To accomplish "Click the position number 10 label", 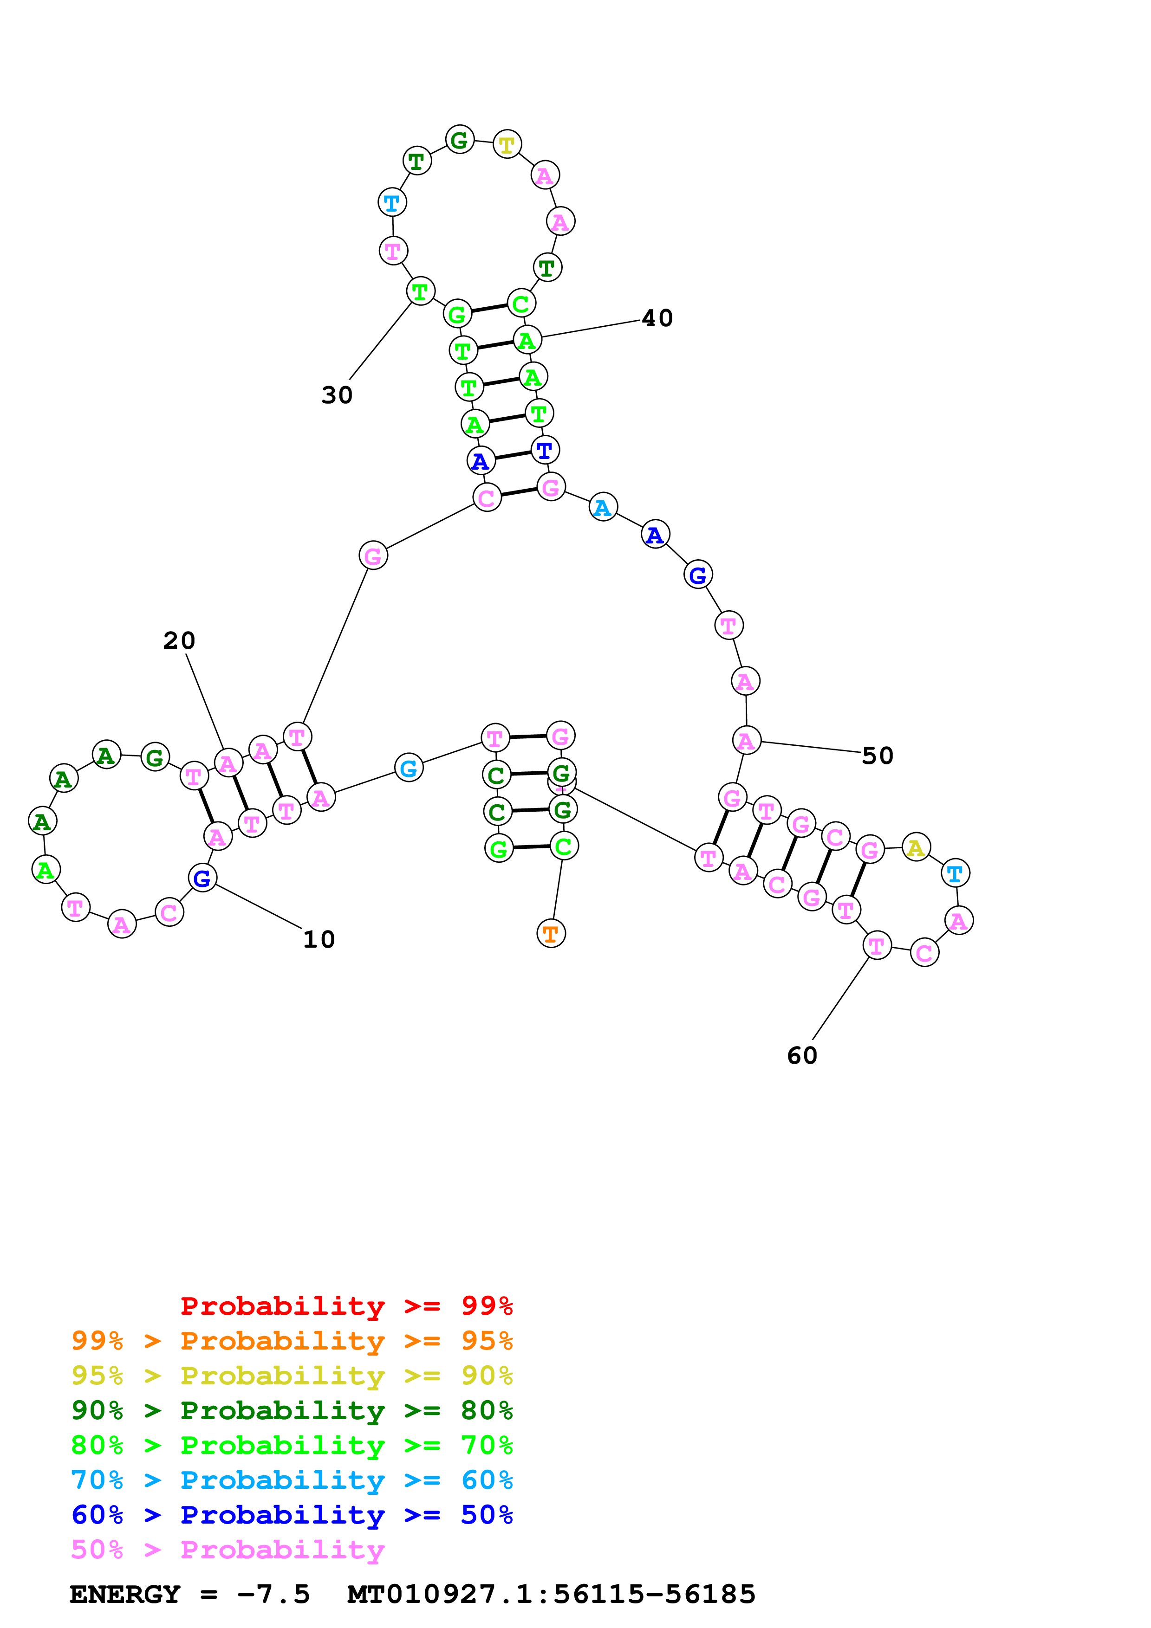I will (319, 939).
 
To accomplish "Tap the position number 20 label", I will (179, 640).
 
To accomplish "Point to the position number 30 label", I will (337, 395).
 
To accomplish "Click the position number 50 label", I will (877, 756).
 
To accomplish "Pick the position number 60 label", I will (802, 1056).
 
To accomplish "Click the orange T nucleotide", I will (551, 934).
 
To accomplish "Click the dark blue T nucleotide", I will (545, 450).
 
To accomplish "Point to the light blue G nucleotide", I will (409, 767).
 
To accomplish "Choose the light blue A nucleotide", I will (603, 507).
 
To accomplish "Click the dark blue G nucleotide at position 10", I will (202, 878).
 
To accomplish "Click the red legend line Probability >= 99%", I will (346, 1306).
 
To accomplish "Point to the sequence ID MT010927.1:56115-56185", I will (551, 1595).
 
